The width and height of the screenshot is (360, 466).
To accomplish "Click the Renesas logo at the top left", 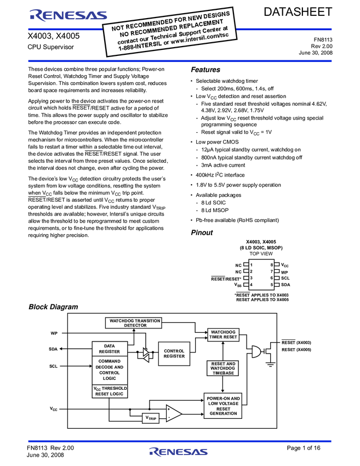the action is (60, 16).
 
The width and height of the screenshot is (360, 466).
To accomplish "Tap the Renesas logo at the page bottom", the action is (179, 452).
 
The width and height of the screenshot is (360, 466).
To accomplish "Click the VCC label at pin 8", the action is (285, 265).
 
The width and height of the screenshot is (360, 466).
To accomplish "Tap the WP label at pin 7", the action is (284, 271).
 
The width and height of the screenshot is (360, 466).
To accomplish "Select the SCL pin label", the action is (285, 278).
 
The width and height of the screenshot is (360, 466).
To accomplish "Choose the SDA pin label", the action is (285, 285).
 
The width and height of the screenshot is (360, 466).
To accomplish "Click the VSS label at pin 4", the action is (238, 285).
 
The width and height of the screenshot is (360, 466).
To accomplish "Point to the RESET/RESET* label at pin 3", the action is (226, 279).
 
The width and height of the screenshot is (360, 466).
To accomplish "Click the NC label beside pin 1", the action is (238, 265).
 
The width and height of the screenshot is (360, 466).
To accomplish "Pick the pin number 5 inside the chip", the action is (271, 285).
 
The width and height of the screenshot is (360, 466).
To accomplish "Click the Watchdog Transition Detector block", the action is (134, 323).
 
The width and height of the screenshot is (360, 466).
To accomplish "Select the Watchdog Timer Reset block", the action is (223, 334).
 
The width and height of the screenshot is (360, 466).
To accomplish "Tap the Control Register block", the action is (174, 354).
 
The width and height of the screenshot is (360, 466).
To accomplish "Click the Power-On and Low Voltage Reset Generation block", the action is (223, 406).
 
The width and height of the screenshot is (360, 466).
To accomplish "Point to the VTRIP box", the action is (151, 418).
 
